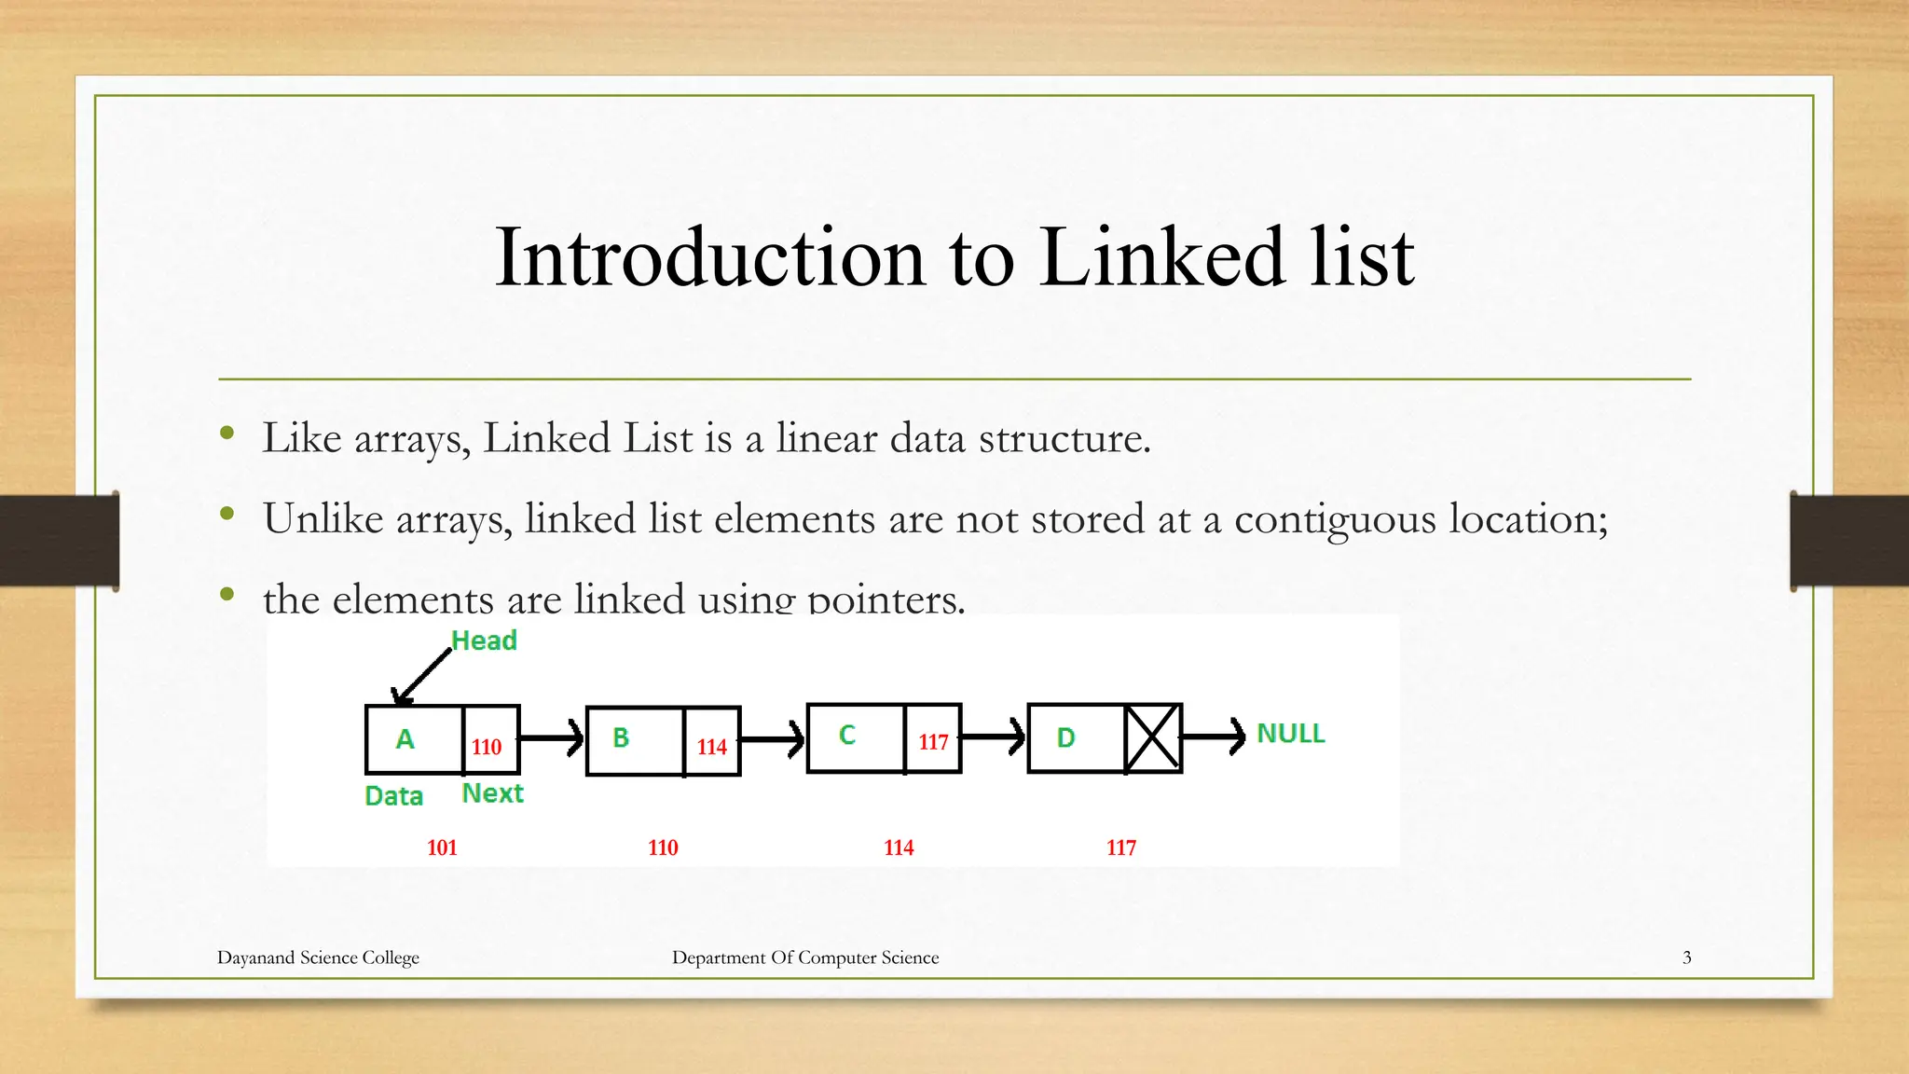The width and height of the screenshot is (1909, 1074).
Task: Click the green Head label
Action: point(484,640)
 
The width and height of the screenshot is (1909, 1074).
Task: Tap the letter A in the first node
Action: point(405,739)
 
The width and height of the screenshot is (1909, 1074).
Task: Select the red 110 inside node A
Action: point(487,747)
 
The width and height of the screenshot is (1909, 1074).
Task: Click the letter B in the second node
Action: point(621,737)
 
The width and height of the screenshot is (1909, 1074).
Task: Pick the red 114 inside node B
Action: point(712,747)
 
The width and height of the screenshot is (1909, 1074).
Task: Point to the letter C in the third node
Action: point(846,736)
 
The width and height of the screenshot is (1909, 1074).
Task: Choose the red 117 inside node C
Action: point(933,742)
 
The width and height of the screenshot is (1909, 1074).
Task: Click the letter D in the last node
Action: point(1065,738)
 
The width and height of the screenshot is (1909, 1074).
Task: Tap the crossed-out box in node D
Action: point(1153,738)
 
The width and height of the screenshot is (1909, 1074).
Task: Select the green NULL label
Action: point(1291,734)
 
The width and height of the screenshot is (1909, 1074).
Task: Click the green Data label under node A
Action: point(393,796)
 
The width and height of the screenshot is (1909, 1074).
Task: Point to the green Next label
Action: point(492,793)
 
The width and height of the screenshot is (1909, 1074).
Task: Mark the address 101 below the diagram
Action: point(442,847)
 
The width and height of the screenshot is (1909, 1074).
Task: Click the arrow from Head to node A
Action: point(421,676)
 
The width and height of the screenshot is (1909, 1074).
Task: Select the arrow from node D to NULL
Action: point(1213,737)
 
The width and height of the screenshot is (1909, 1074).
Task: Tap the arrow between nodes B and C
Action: point(772,740)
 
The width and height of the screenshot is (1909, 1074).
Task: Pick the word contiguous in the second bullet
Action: point(1335,519)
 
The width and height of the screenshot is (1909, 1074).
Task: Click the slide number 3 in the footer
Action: point(1686,957)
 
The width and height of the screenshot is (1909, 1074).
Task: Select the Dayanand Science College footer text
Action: point(318,957)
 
